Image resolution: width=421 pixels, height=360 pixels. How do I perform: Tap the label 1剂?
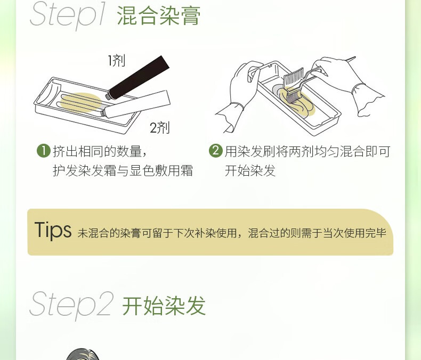(x=116, y=60)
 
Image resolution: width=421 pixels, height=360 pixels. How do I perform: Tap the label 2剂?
(x=159, y=128)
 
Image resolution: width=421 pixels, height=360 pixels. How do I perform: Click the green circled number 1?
(x=43, y=151)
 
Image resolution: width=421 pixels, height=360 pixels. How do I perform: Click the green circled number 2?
(x=215, y=151)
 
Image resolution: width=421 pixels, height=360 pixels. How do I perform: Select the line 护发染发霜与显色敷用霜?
(x=123, y=170)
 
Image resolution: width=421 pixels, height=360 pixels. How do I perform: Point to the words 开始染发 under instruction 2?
(x=250, y=170)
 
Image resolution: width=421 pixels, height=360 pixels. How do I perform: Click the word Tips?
(x=53, y=230)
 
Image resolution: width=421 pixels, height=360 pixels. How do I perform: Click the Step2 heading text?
(x=71, y=305)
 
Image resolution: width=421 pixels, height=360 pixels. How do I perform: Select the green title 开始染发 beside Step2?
(x=164, y=306)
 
